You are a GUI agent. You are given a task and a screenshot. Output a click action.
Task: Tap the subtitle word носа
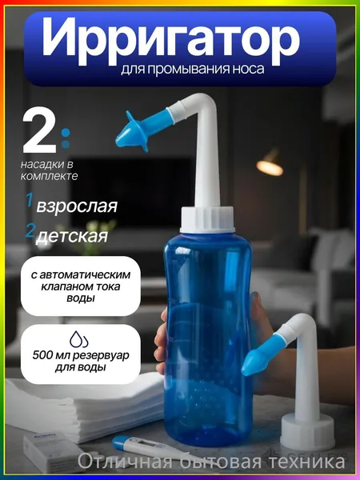click(x=248, y=69)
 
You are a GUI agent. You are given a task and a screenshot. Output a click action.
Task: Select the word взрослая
click(x=77, y=206)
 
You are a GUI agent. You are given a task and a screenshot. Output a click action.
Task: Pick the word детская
click(x=72, y=236)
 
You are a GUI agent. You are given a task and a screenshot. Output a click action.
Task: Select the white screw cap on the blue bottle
click(x=207, y=219)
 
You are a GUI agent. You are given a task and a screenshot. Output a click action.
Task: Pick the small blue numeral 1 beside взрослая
click(x=30, y=200)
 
